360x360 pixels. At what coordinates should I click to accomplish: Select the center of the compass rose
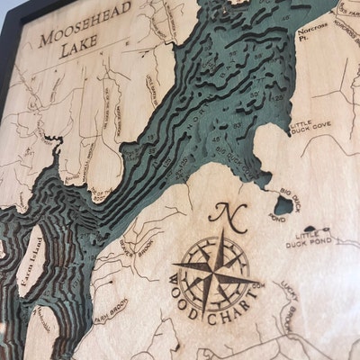216,270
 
